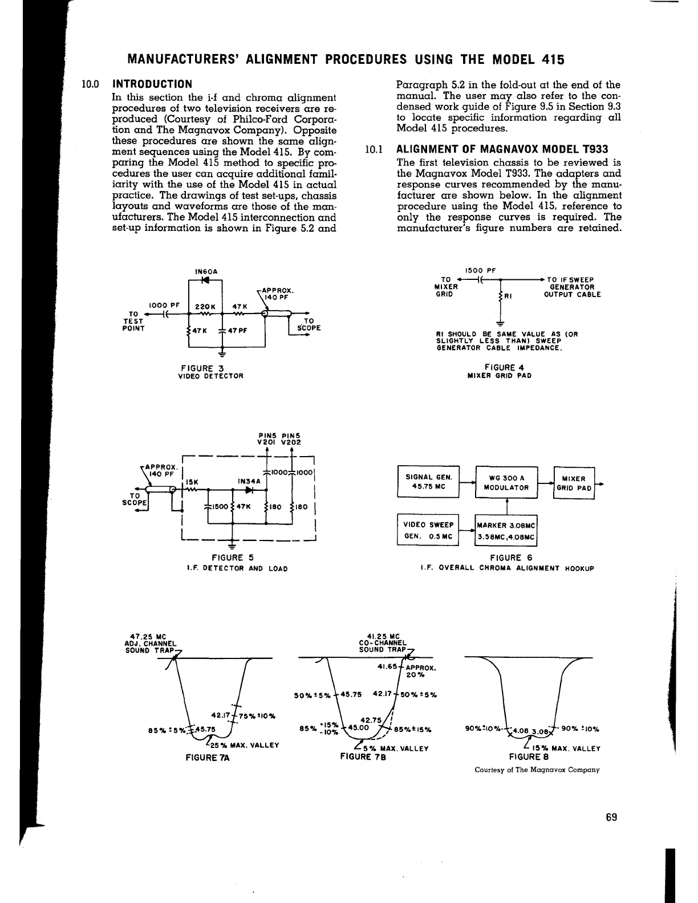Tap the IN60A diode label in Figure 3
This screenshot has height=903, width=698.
(x=204, y=271)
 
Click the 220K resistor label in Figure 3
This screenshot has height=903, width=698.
(x=204, y=306)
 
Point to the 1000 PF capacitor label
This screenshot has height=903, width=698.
(x=164, y=305)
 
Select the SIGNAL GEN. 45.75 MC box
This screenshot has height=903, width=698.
(x=428, y=481)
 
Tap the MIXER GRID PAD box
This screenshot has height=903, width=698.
(x=574, y=483)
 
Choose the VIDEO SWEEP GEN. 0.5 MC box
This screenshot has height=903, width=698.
(x=428, y=530)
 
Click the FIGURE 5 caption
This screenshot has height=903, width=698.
(x=232, y=558)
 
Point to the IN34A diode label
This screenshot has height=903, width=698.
(x=249, y=481)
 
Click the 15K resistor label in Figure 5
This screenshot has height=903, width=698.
(x=194, y=481)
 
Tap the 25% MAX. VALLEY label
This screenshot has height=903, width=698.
(x=242, y=745)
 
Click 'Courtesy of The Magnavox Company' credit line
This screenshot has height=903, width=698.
(x=537, y=770)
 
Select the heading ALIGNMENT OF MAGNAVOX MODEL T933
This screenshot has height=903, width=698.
(x=502, y=150)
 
